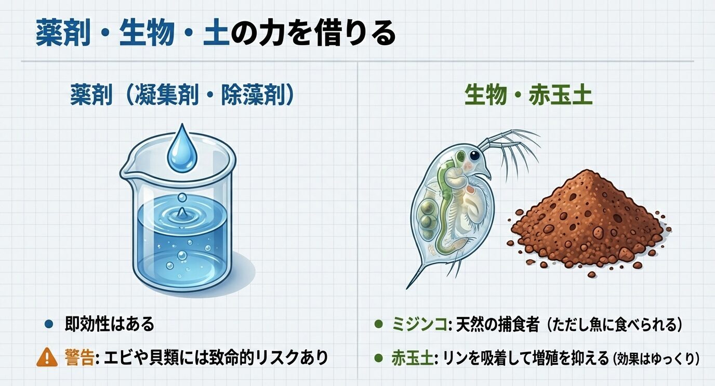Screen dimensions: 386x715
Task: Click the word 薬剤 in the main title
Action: [64, 34]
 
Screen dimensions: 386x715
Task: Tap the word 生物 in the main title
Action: [146, 34]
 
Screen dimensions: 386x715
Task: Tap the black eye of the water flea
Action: [473, 155]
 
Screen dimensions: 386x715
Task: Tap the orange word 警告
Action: [80, 357]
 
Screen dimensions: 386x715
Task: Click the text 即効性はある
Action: [110, 324]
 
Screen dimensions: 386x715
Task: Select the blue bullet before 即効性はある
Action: [49, 325]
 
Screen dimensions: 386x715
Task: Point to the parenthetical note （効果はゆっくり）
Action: [656, 358]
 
